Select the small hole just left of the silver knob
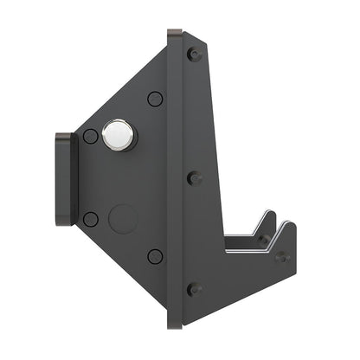coord(90,136)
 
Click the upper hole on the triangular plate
coord(155,99)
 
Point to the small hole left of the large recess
coord(90,219)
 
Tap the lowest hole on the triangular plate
coord(155,256)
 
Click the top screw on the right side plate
coord(194,54)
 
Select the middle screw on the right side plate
coord(194,178)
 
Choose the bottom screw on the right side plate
coord(194,288)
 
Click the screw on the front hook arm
coord(282,256)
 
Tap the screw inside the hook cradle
coord(260,240)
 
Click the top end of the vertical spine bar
coord(175,33)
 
